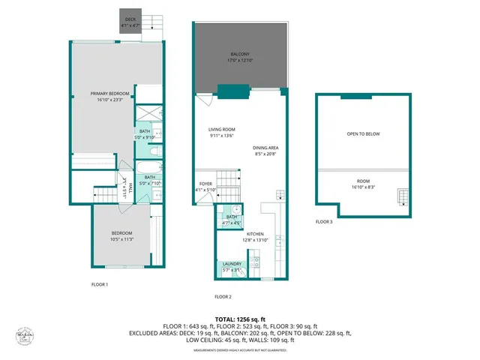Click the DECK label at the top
pos(130,19)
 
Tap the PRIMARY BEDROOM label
pos(110,94)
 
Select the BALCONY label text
pos(240,55)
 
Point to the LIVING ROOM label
pos(222,130)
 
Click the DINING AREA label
pos(265,148)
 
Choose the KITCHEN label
pos(253,235)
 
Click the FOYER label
pos(205,184)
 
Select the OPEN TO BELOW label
pos(363,133)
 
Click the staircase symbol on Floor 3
pos(403,197)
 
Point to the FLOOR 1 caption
pos(100,284)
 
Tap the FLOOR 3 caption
pos(323,221)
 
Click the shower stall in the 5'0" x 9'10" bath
pos(148,114)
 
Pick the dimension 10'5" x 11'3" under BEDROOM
pos(122,239)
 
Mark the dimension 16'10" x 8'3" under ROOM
pos(364,186)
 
